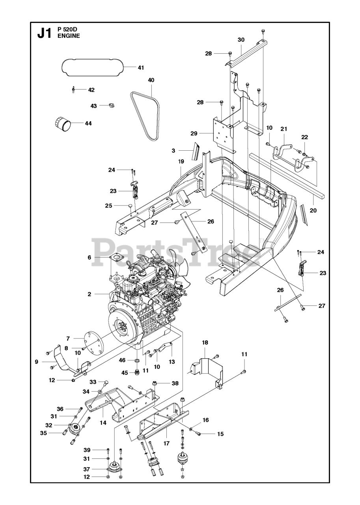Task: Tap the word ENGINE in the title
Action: click(x=69, y=36)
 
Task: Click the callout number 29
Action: click(x=194, y=134)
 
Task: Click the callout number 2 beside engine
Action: click(x=90, y=294)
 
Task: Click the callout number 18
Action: click(x=205, y=342)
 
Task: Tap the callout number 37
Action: click(x=87, y=469)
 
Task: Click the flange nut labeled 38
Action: click(x=155, y=383)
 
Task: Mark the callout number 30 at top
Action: click(x=241, y=39)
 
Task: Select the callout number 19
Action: click(x=181, y=161)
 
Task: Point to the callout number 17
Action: click(x=166, y=443)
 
